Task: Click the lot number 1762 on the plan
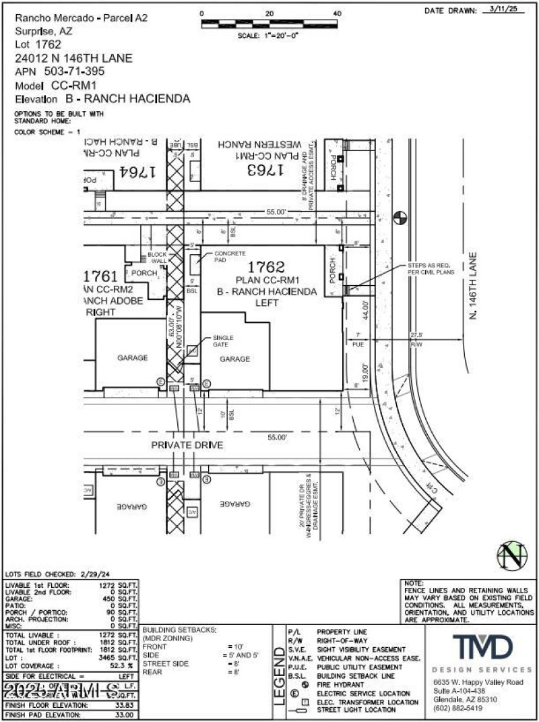[x=267, y=268]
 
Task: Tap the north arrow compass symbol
[x=511, y=555]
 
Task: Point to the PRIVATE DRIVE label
[x=187, y=445]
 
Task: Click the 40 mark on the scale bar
[x=337, y=13]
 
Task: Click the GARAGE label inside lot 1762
[x=234, y=359]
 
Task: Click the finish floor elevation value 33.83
[x=125, y=705]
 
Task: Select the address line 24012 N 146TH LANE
[x=73, y=59]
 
